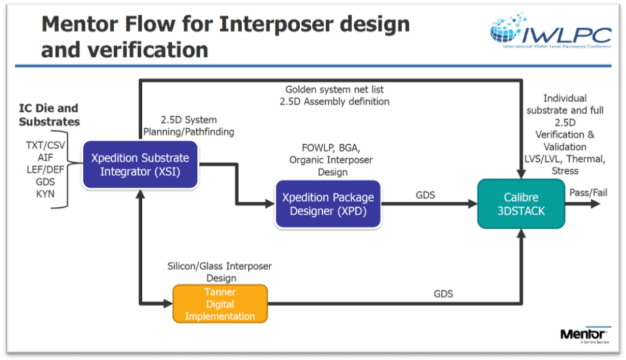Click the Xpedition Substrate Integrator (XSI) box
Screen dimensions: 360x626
(x=140, y=165)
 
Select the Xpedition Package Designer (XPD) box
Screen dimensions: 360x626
(x=328, y=204)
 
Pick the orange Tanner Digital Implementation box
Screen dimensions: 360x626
(x=220, y=304)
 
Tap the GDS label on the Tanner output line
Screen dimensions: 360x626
(x=443, y=294)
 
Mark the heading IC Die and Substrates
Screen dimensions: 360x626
(x=49, y=114)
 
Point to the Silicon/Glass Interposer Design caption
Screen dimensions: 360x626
(x=219, y=272)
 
